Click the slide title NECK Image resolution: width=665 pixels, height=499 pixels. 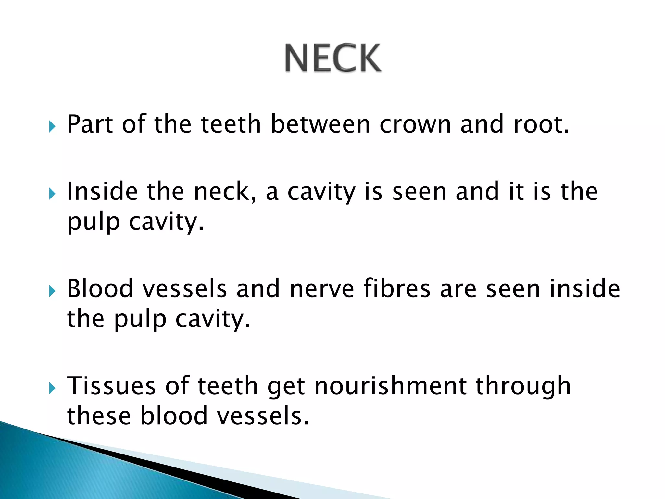[333, 58]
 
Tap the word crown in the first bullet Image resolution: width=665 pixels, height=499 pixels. [415, 124]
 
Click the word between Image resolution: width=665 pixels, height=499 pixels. [320, 124]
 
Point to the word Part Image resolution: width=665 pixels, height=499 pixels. [90, 124]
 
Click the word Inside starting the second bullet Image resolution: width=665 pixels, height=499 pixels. [102, 192]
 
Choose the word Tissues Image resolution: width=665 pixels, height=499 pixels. [111, 386]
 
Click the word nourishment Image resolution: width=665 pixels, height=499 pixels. [390, 386]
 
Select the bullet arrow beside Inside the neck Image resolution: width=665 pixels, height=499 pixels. [52, 194]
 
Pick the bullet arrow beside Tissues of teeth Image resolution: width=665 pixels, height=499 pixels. [52, 388]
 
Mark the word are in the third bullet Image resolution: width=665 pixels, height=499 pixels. [458, 289]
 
